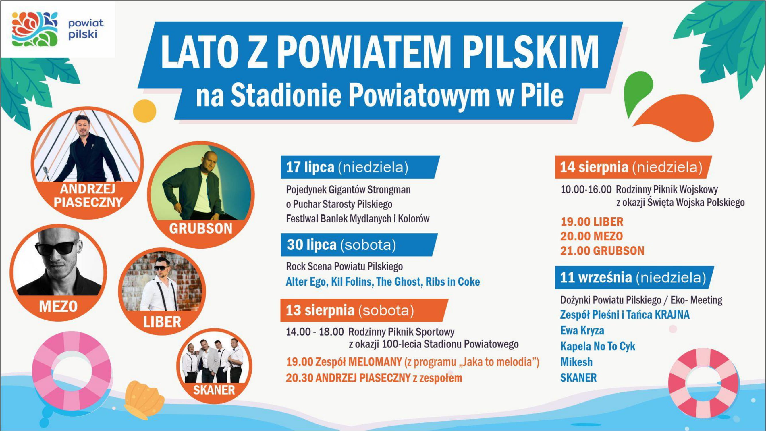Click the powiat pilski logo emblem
(x=35, y=29)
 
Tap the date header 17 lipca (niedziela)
(x=360, y=167)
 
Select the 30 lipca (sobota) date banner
(x=359, y=245)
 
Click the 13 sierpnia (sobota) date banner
(x=364, y=311)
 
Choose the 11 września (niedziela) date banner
(x=634, y=278)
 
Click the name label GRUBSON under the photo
(x=201, y=229)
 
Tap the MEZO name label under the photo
(x=58, y=306)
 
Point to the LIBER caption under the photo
(x=162, y=322)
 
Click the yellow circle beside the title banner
(x=144, y=111)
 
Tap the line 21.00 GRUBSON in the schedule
(x=602, y=251)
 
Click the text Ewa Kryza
(x=582, y=330)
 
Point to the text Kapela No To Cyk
(x=598, y=346)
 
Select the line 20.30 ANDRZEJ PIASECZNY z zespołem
(x=374, y=378)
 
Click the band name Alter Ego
(x=306, y=282)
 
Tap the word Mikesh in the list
(x=576, y=362)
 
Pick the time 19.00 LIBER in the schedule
(x=592, y=222)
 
